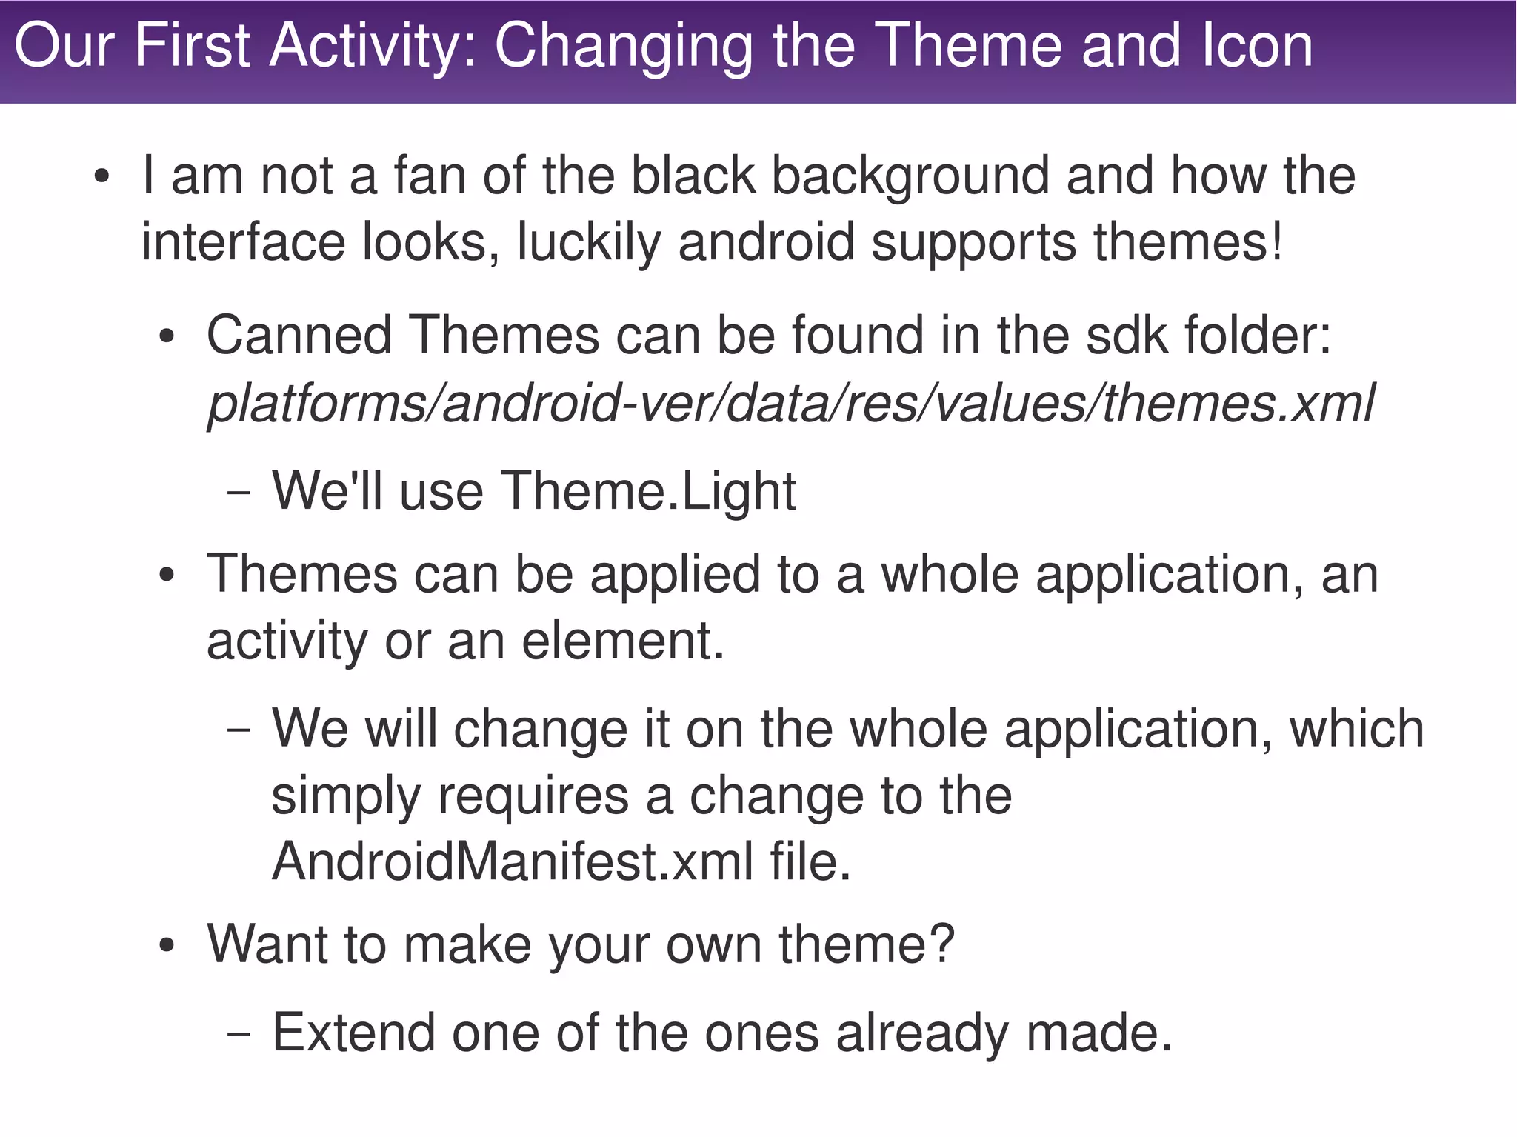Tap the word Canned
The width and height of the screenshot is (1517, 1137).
299,336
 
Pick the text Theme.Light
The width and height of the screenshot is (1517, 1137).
648,491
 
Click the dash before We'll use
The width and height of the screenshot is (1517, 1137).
239,493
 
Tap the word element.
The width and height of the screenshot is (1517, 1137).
622,641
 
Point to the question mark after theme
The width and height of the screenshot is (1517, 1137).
941,944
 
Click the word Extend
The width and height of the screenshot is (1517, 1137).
353,1033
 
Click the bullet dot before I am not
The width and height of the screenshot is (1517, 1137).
102,179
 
